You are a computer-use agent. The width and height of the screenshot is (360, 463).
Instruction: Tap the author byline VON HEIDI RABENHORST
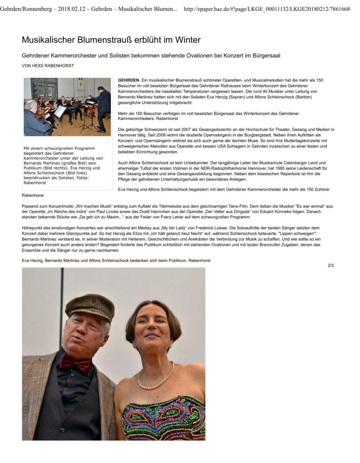[48, 65]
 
